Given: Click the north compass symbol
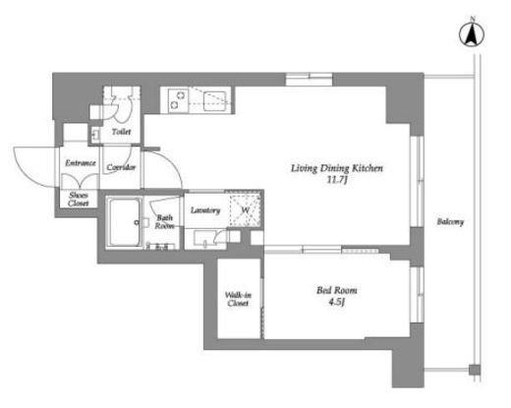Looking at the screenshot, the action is point(472,33).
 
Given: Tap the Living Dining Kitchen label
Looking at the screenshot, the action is point(337,168).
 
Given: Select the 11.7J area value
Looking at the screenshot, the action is point(337,180).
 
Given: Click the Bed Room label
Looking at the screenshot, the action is point(337,290).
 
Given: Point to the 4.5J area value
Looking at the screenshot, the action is point(337,302).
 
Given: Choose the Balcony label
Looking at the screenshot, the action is point(450,222).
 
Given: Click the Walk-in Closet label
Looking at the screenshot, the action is point(238,299).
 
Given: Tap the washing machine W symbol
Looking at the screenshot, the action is point(246,210).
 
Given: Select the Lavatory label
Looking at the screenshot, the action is point(205,210).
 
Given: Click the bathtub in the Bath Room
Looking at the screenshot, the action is point(125,222).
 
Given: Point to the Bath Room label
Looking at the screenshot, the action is point(164,222).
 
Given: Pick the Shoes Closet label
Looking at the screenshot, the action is point(79,200).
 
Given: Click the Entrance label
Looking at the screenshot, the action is point(81,163).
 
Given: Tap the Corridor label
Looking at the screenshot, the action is point(121,167).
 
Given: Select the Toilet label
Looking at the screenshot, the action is point(121,132).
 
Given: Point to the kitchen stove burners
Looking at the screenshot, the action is point(177,100).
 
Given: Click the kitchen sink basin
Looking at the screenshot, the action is point(214,101).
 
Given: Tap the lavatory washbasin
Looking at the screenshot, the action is point(204,238).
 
